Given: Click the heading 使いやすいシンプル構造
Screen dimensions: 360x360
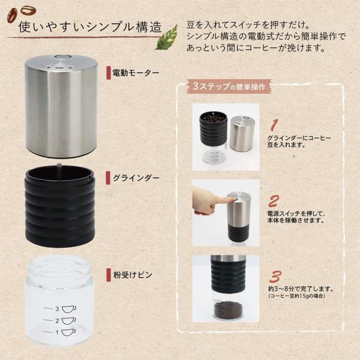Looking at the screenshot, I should click(90, 27).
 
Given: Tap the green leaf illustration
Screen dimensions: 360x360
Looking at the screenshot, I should click(166, 37).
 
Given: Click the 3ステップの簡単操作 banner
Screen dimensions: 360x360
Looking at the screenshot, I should click(229, 85).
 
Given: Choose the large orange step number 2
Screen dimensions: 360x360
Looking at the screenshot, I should click(274, 200).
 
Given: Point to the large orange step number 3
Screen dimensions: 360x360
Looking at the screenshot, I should click(275, 277).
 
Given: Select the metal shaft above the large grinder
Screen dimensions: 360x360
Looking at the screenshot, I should click(60, 167).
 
